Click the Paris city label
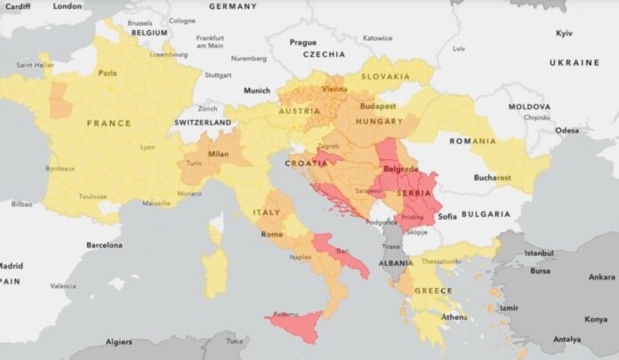click(108, 73)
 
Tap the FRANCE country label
click(109, 124)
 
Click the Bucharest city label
click(491, 178)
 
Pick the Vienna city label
click(334, 90)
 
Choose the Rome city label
click(271, 234)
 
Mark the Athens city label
click(454, 317)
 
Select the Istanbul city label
click(539, 253)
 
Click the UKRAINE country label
click(574, 63)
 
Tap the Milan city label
click(218, 154)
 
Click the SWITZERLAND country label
click(203, 122)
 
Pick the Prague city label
click(302, 42)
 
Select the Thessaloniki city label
click(441, 261)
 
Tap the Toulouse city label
click(92, 196)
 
